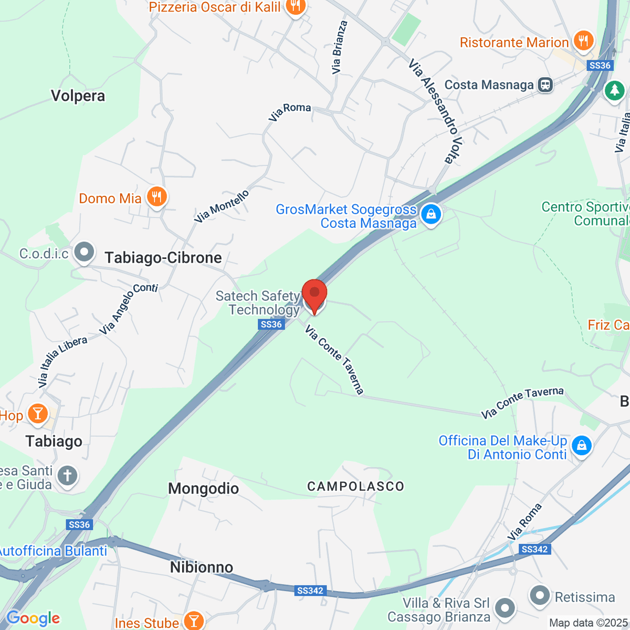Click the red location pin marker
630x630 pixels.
[x=314, y=294]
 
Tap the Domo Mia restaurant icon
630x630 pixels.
[x=156, y=197]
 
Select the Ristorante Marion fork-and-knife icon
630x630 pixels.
[x=583, y=41]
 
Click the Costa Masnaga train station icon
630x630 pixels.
[x=545, y=85]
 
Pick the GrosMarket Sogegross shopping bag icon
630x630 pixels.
[x=431, y=215]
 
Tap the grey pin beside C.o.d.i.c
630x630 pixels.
[x=84, y=253]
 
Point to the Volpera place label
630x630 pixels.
[x=78, y=96]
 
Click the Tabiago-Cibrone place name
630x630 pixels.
[x=163, y=258]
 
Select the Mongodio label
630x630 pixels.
[x=203, y=489]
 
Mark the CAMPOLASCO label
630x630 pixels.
[x=355, y=487]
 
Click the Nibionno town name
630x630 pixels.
[x=202, y=568]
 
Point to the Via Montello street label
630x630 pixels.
[x=222, y=206]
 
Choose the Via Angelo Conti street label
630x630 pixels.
[x=129, y=309]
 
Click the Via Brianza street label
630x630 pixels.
[x=339, y=47]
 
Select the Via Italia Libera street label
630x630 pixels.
[x=62, y=362]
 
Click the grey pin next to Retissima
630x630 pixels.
[x=540, y=596]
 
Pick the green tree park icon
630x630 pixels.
[x=614, y=90]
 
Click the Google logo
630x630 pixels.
[x=34, y=618]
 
